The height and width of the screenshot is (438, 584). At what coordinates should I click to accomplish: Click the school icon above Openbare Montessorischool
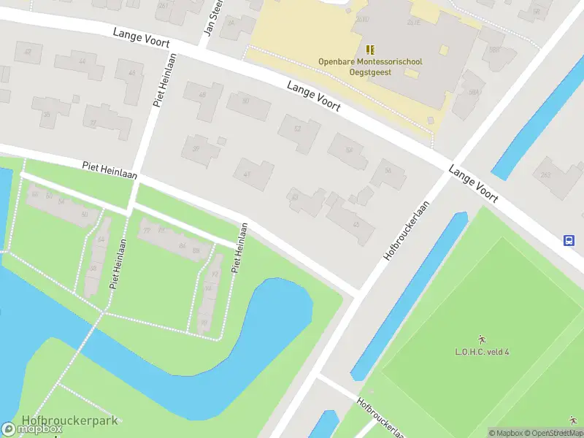click(x=370, y=50)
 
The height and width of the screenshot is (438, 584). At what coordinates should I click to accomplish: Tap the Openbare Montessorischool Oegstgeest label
click(x=370, y=66)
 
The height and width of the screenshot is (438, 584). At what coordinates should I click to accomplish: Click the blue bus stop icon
click(x=569, y=240)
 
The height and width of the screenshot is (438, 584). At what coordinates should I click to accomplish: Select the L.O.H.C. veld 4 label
click(x=482, y=352)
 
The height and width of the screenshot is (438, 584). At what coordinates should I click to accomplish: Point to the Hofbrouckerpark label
click(x=70, y=420)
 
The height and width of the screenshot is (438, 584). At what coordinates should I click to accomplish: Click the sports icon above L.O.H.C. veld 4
click(x=482, y=339)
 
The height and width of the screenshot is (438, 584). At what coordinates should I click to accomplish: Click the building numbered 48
click(x=202, y=96)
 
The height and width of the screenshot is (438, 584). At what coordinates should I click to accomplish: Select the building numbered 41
click(x=253, y=174)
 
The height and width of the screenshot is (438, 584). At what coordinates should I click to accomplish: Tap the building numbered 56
click(x=388, y=172)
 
